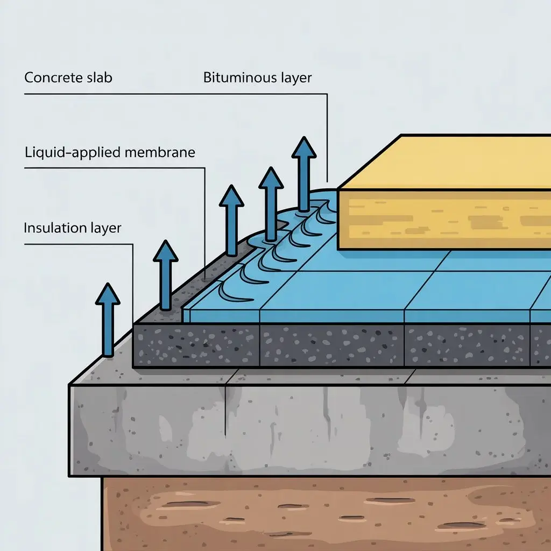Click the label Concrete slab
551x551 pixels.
(68, 77)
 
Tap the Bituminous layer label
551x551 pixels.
(257, 77)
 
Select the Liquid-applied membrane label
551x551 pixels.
(110, 152)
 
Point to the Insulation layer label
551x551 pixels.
(73, 228)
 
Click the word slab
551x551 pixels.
(98, 77)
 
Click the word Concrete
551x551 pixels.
(53, 77)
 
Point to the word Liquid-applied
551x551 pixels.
(74, 152)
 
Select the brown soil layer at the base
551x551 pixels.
(323, 511)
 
